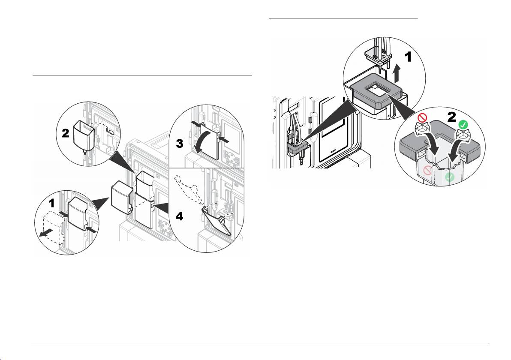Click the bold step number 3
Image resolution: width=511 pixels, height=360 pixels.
click(180, 143)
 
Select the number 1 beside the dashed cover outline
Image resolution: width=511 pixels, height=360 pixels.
click(51, 203)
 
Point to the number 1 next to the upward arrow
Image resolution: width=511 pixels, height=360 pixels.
click(408, 57)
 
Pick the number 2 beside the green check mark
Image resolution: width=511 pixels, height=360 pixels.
click(451, 117)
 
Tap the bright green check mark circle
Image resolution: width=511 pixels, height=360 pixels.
click(462, 125)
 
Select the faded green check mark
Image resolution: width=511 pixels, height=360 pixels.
click(450, 177)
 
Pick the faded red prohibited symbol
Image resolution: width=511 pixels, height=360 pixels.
click(427, 170)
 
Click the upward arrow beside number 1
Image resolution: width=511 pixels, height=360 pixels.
click(396, 74)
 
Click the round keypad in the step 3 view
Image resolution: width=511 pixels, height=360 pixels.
click(232, 158)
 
